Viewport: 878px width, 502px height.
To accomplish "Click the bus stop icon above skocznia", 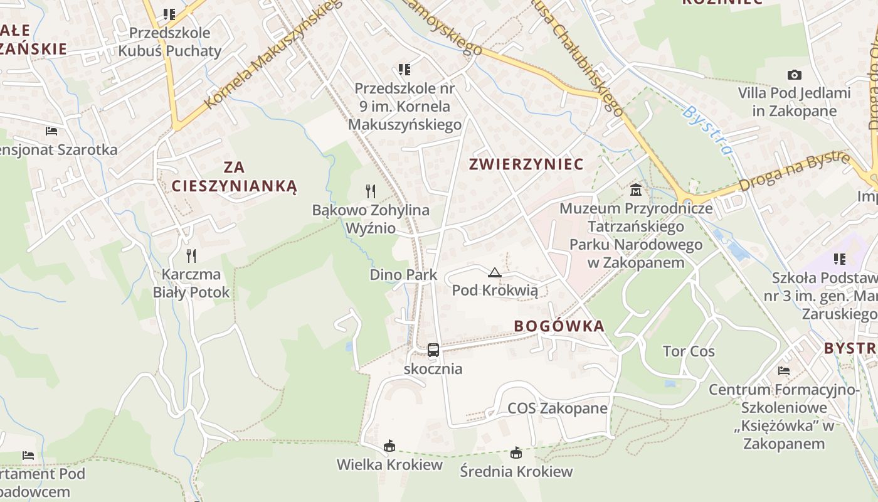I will pos(433,350).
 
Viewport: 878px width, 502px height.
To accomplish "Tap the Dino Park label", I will pos(403,275).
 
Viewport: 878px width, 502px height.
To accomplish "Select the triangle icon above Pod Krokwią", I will pos(495,272).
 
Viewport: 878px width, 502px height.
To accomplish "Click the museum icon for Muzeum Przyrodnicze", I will pos(636,190).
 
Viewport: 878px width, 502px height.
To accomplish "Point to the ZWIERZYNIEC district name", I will pos(527,164).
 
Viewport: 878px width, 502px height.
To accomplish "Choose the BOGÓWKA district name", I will pos(559,326).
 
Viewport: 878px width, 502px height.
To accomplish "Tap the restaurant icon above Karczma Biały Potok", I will pos(191,255).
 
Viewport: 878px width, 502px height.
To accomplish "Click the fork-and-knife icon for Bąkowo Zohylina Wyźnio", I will pos(371,191).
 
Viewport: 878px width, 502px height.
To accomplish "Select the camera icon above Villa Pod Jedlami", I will pos(794,75).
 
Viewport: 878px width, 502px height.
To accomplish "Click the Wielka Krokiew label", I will pos(389,465).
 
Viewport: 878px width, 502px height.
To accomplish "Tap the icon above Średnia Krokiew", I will pos(516,452).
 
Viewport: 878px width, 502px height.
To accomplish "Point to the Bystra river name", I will pos(708,131).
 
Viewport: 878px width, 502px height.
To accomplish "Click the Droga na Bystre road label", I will pos(794,171).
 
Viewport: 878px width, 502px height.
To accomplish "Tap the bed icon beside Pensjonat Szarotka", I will pos(51,131).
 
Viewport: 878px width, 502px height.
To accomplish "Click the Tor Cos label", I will pos(689,351).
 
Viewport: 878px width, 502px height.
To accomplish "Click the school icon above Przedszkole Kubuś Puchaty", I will pos(169,14).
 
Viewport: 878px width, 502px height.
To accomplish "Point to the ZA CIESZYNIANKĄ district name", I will pos(234,177).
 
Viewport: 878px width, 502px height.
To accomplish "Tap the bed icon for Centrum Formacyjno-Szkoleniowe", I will pos(783,371).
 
